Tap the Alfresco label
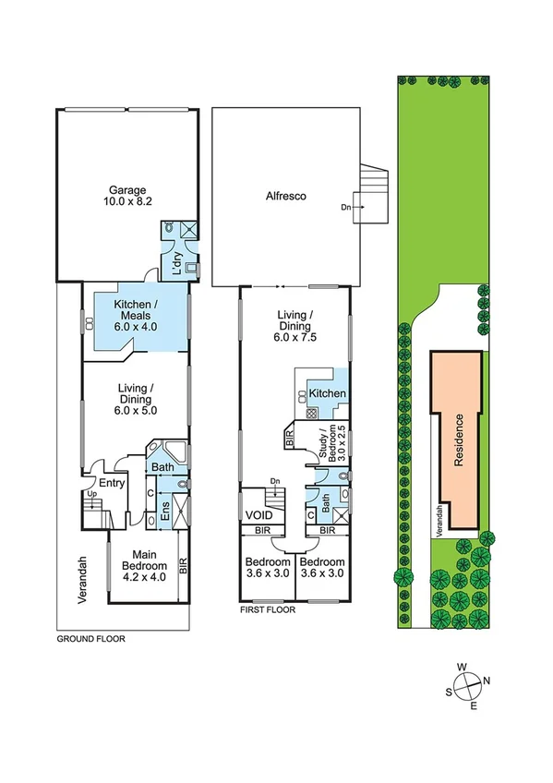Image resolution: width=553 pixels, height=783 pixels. [x=286, y=197]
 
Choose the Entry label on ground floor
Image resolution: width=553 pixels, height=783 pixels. [x=112, y=483]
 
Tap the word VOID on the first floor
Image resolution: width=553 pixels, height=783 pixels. [x=258, y=515]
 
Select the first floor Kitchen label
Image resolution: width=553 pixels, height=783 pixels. [x=327, y=394]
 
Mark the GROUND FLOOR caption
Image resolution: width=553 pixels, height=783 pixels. [x=90, y=638]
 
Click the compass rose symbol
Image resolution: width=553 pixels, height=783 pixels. [x=471, y=684]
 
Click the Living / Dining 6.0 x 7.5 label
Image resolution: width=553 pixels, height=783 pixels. [x=296, y=327]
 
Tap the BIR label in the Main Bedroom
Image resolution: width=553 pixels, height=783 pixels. [x=183, y=565]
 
